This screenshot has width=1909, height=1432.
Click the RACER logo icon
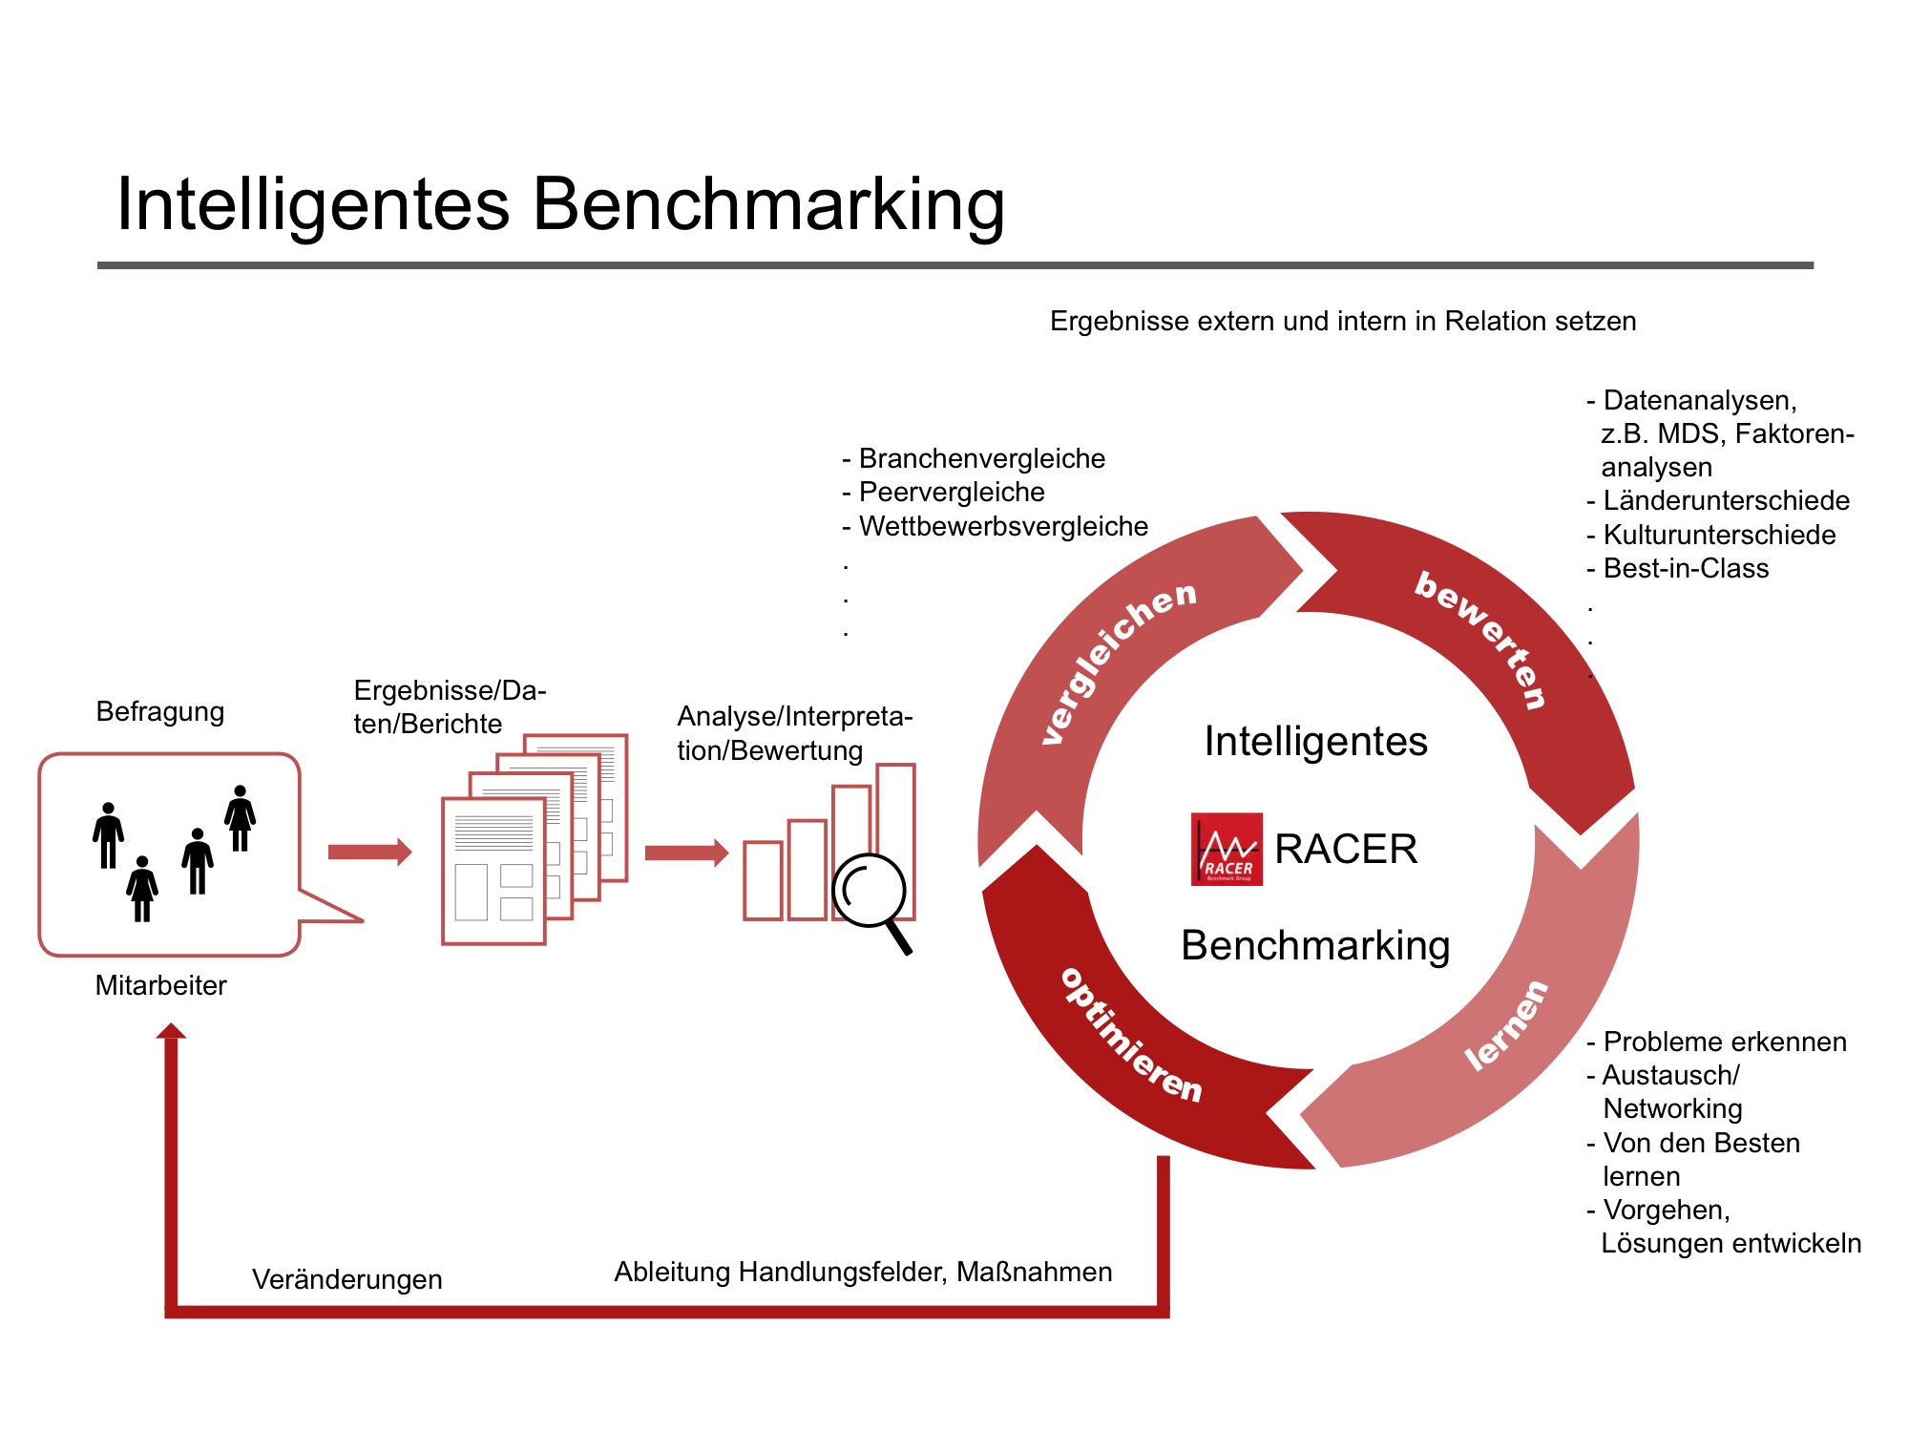[x=1227, y=849]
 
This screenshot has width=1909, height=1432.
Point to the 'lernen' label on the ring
[x=1506, y=1025]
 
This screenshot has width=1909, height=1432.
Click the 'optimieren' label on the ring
[x=1132, y=1037]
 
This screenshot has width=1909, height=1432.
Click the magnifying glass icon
[x=871, y=892]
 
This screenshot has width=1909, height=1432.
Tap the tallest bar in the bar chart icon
[x=895, y=840]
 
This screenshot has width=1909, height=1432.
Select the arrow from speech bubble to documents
[x=369, y=852]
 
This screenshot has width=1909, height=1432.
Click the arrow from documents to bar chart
[x=686, y=853]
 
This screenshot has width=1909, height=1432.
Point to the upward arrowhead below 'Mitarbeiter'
[x=171, y=1031]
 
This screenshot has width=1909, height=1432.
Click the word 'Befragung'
[x=160, y=712]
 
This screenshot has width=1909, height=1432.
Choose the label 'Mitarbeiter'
[x=160, y=985]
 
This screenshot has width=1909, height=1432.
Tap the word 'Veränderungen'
[x=346, y=1279]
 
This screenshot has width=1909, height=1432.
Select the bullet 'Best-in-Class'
[x=1685, y=569]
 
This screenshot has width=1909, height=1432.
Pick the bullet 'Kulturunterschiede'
[x=1718, y=535]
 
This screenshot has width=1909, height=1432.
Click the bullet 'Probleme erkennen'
[x=1724, y=1042]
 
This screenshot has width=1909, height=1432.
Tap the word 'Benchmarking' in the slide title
[x=767, y=204]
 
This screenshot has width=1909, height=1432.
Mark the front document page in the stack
[x=493, y=871]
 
